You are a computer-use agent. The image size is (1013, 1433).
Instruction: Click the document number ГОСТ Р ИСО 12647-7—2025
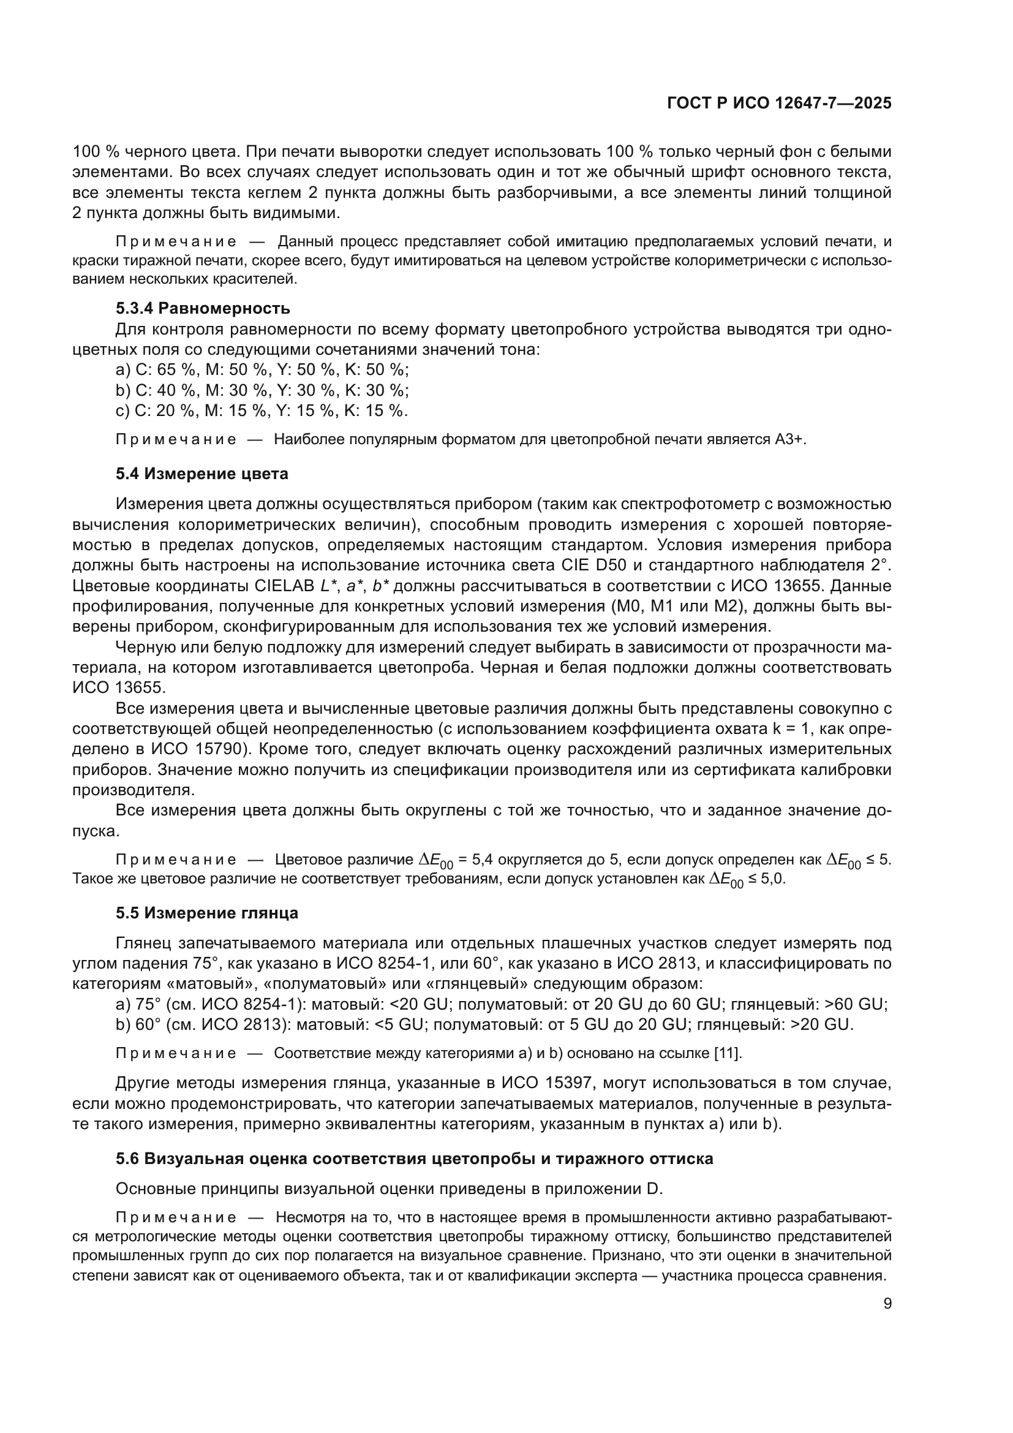click(x=779, y=104)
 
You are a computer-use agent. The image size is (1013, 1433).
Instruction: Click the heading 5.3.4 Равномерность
click(x=203, y=308)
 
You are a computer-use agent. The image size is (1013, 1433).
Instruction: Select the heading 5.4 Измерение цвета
click(x=202, y=474)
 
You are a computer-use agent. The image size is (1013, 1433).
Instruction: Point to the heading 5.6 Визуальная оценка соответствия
click(x=414, y=1159)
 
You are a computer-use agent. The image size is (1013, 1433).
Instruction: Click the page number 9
click(x=887, y=1304)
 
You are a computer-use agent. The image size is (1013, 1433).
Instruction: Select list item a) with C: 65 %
click(x=262, y=370)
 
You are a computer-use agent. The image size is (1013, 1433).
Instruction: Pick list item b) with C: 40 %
click(x=262, y=391)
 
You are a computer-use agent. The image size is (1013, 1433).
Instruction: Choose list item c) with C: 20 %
click(x=262, y=410)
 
